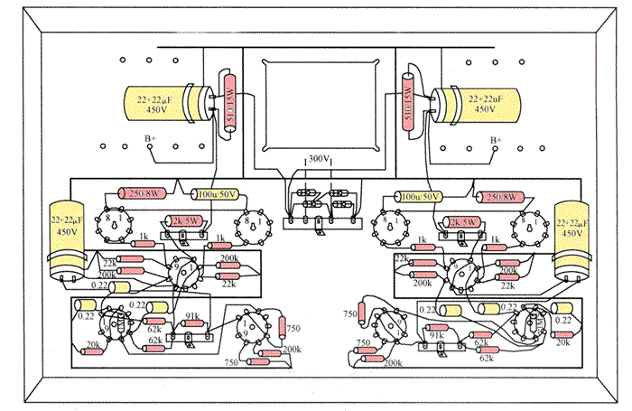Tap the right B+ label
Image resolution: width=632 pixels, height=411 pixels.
click(494, 139)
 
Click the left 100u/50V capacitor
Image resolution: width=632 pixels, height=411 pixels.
click(214, 193)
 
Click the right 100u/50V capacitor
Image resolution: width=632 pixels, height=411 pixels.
click(422, 196)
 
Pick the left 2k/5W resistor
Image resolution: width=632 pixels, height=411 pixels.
click(189, 221)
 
